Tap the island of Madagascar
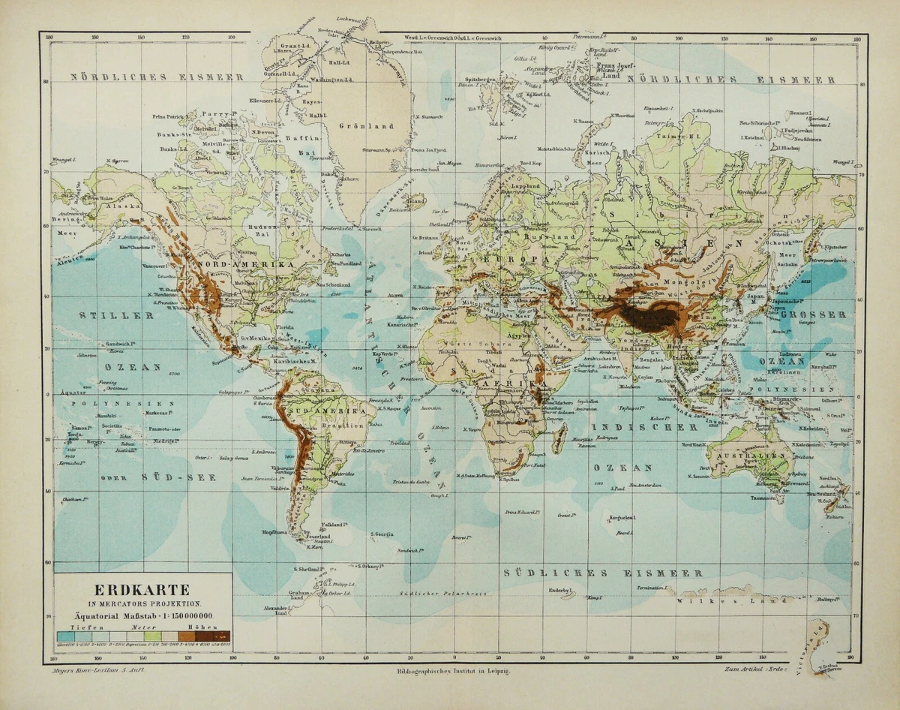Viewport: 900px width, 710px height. click(559, 436)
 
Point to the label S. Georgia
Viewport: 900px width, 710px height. click(383, 534)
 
